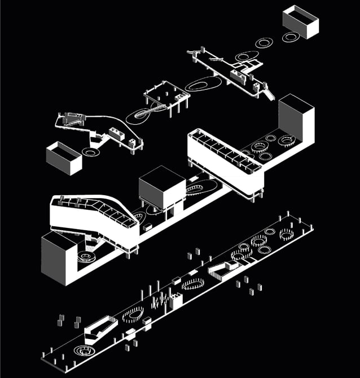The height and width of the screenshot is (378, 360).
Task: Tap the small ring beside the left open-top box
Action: [x=90, y=152]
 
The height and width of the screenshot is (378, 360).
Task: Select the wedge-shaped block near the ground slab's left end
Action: [x=100, y=328]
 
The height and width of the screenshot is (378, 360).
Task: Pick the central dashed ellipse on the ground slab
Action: [x=194, y=283]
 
